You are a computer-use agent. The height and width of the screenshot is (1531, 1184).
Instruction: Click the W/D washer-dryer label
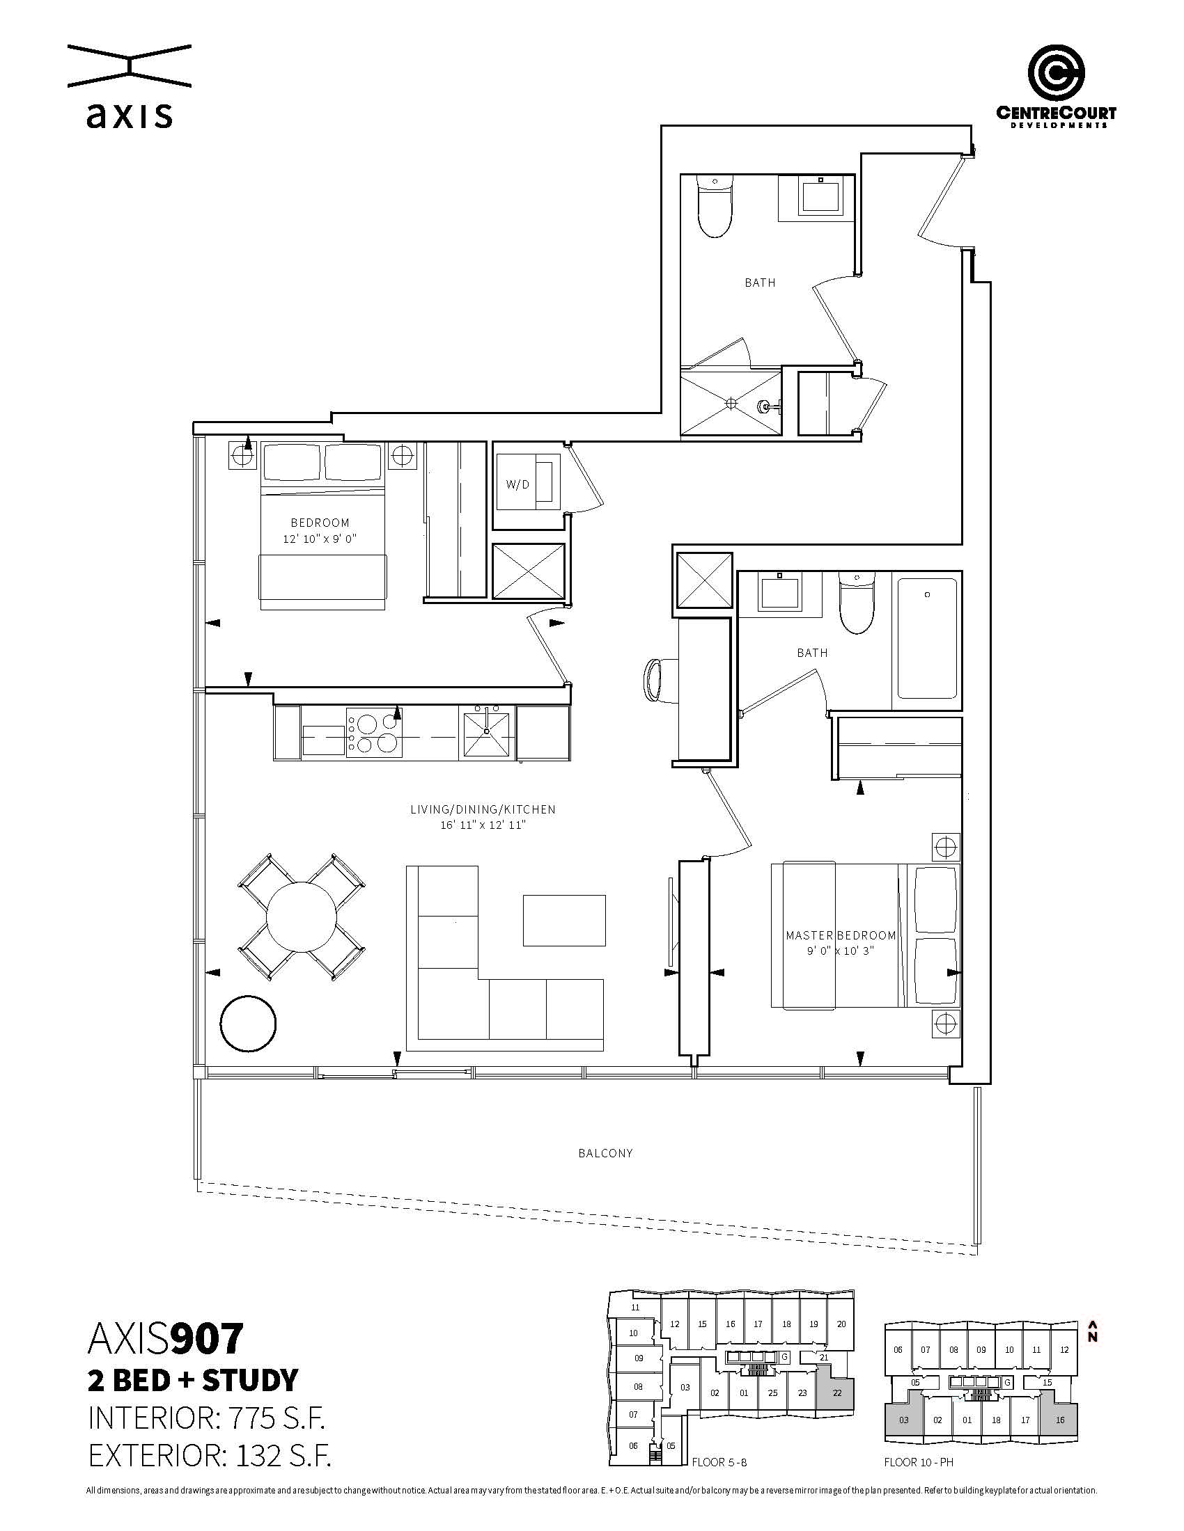517,484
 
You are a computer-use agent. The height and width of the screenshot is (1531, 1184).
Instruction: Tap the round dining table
302,917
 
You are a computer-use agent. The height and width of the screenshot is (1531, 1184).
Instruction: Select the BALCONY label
605,1153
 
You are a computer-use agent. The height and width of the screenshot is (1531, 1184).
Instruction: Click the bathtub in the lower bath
927,638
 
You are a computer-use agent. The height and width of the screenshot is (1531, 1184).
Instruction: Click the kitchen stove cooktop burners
374,733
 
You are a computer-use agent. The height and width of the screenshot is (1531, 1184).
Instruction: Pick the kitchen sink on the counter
486,733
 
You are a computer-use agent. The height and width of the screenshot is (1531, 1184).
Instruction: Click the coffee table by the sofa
564,921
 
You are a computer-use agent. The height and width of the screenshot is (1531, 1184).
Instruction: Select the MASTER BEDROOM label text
841,935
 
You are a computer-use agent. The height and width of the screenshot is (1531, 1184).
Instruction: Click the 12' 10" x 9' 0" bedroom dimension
320,539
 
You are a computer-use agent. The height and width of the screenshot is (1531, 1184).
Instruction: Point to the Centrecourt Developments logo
1056,86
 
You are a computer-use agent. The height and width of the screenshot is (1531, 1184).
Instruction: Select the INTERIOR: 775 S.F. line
206,1420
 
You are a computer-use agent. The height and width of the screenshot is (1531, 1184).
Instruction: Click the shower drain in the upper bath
731,404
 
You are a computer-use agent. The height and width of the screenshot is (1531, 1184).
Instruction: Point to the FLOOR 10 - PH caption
918,1462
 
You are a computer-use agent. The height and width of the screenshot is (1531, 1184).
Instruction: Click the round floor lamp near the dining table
248,1024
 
